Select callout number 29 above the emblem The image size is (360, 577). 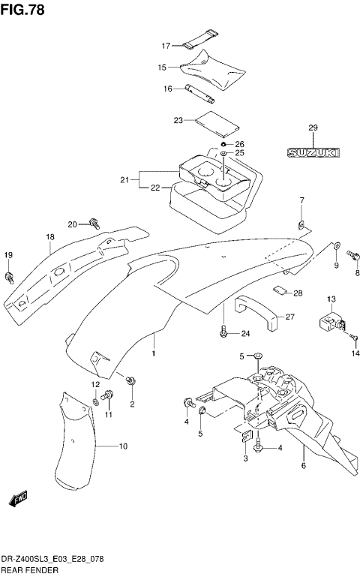[313, 128]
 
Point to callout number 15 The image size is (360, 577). [162, 68]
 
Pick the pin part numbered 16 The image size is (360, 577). [199, 94]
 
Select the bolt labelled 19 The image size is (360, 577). [9, 278]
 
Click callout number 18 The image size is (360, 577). [49, 238]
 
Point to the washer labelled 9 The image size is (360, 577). [335, 245]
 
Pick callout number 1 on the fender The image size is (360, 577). [154, 353]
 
